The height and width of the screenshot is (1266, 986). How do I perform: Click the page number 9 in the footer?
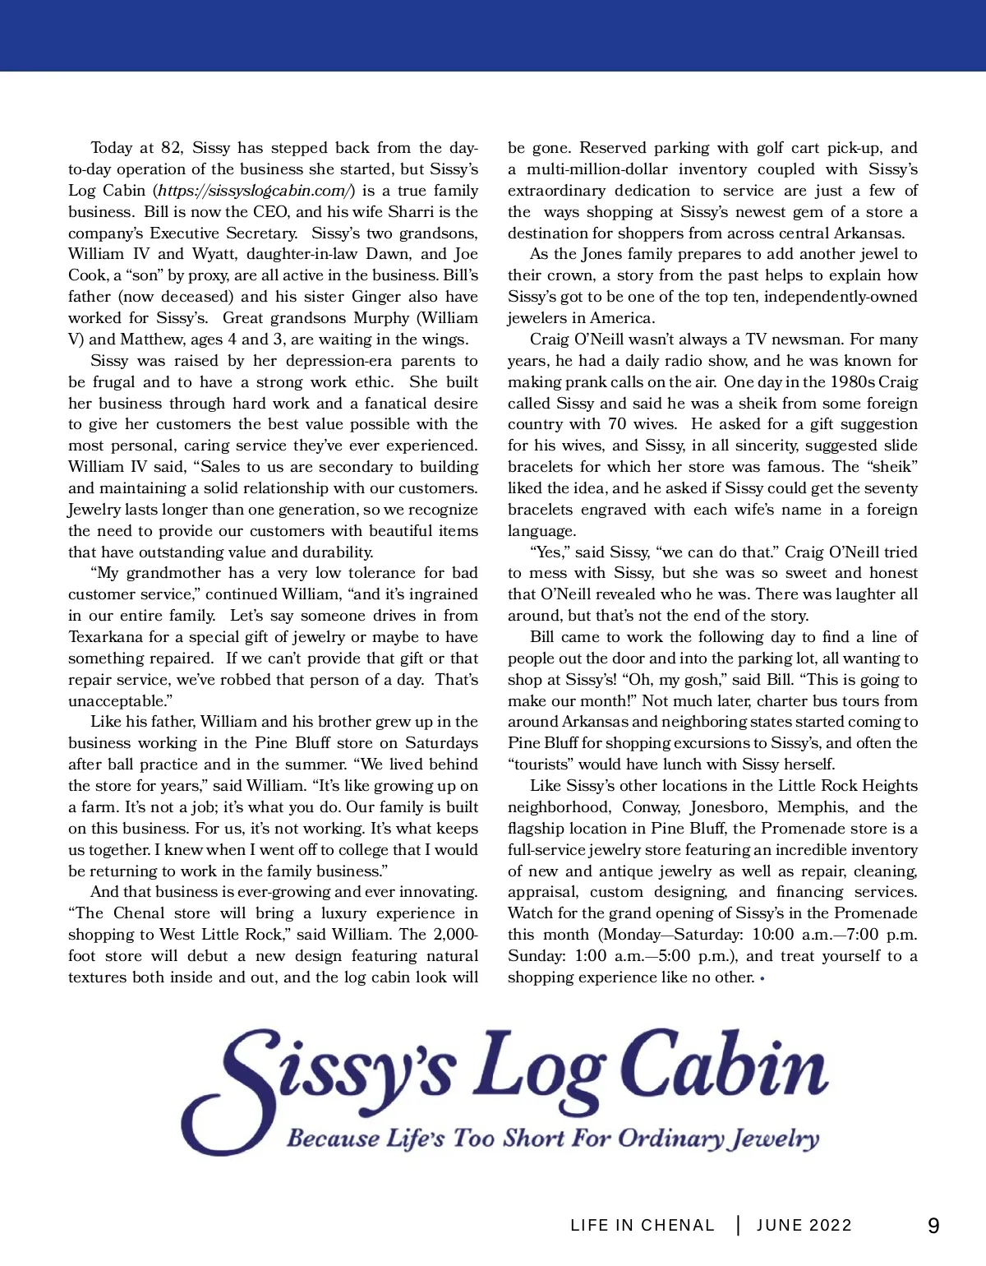coord(933,1226)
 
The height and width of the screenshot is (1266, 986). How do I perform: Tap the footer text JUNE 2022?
coord(804,1226)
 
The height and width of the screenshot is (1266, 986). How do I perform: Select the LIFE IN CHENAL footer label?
coord(643,1226)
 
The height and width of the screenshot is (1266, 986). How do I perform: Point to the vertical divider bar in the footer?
coord(738,1225)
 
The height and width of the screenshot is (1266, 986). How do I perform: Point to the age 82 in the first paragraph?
coord(171,148)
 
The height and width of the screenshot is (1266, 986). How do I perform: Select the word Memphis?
coord(812,807)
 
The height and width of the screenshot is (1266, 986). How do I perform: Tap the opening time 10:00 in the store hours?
coord(772,935)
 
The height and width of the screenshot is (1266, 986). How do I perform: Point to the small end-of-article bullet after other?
coord(763,978)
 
